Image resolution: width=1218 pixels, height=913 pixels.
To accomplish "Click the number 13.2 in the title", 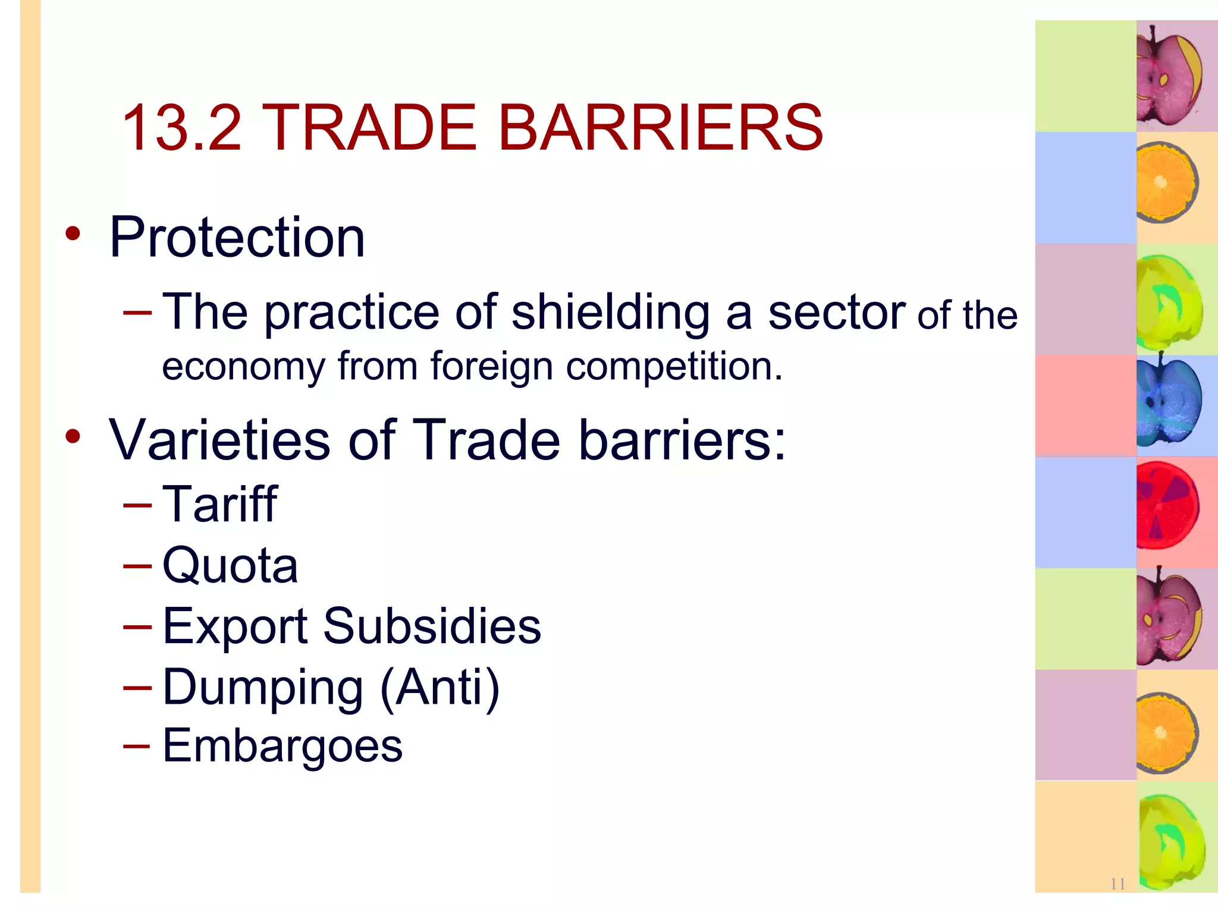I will tap(182, 127).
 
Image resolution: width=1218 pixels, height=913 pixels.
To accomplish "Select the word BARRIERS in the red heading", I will tap(660, 127).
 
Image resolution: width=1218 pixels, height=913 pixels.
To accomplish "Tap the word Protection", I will tap(237, 238).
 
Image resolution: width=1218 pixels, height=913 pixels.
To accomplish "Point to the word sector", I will tap(836, 313).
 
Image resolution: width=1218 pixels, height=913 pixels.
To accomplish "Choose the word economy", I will tap(243, 366).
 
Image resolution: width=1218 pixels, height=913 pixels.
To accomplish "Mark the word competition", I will tap(674, 366).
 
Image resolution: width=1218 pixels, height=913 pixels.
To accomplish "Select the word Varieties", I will tap(219, 440).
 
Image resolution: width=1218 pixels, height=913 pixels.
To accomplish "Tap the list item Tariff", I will tap(219, 504).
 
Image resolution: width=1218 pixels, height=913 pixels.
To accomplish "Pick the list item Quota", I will tap(230, 565).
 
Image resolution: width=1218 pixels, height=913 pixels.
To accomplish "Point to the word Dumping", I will tap(262, 687).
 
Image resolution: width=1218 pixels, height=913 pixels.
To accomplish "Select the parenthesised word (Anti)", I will tap(440, 687).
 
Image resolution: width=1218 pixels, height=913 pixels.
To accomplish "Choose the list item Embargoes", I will tap(282, 745).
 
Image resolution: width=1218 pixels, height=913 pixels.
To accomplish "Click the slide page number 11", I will tap(1117, 884).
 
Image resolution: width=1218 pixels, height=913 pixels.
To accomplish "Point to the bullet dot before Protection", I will tap(73, 234).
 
